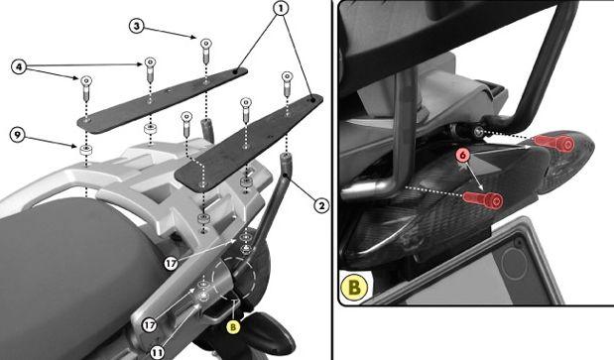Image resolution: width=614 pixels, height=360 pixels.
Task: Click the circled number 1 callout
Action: pyautogui.click(x=281, y=8)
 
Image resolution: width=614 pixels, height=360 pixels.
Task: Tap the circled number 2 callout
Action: pyautogui.click(x=321, y=205)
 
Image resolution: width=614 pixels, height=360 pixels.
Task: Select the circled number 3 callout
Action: pyautogui.click(x=136, y=26)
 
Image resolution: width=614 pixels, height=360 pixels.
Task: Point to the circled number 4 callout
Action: pyautogui.click(x=19, y=66)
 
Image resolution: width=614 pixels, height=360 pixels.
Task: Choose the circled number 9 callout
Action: pyautogui.click(x=17, y=136)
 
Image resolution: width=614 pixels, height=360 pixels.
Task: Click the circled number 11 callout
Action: pyautogui.click(x=157, y=353)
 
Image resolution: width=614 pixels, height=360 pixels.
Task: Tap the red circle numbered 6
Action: pyautogui.click(x=463, y=156)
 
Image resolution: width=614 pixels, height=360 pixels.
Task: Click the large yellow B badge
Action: pyautogui.click(x=354, y=288)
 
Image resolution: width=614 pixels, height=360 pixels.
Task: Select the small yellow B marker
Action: pyautogui.click(x=233, y=326)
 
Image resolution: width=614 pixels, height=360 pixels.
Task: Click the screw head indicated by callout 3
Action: pyautogui.click(x=205, y=43)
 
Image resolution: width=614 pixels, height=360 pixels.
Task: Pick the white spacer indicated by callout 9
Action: pyautogui.click(x=85, y=150)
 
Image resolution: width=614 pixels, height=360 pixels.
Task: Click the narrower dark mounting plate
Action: pyautogui.click(x=162, y=100)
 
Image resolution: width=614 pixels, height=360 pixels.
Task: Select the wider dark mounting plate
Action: pyautogui.click(x=249, y=143)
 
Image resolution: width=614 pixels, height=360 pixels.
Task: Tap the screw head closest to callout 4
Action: pyautogui.click(x=86, y=80)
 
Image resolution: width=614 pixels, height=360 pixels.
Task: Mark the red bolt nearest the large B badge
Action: pyautogui.click(x=483, y=200)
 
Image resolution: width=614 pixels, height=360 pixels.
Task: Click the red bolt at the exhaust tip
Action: pyautogui.click(x=555, y=144)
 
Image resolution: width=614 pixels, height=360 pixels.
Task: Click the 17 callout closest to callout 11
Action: pyautogui.click(x=149, y=324)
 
